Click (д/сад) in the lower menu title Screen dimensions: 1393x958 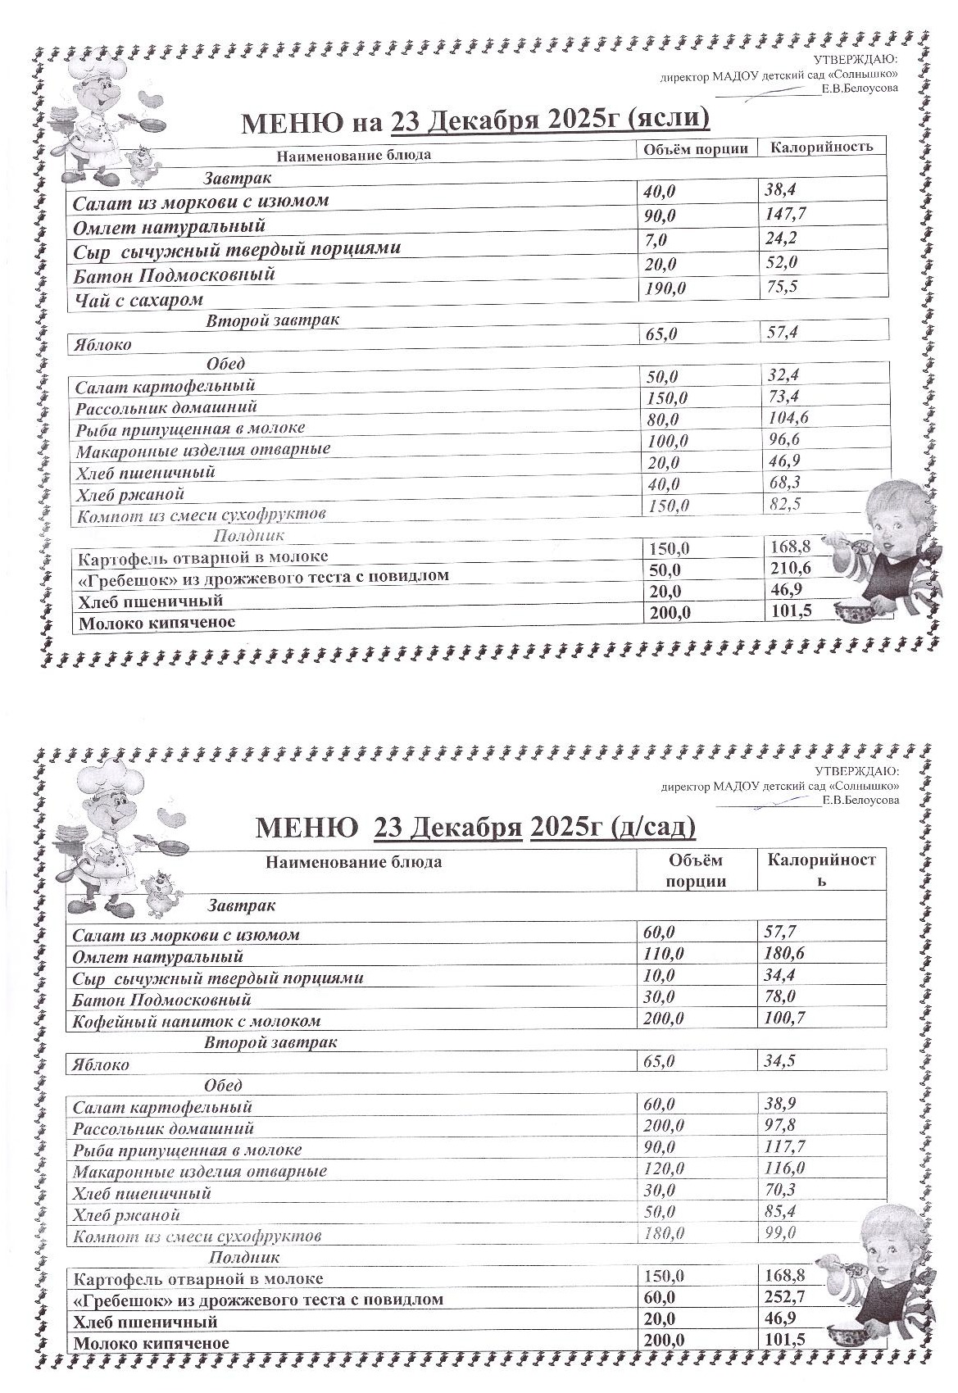coord(653,828)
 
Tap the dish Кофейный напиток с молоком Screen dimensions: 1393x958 coord(197,1022)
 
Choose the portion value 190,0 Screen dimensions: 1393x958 coord(666,288)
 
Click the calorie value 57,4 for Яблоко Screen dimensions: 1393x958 coord(781,332)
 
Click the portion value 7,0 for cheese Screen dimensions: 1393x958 coord(656,241)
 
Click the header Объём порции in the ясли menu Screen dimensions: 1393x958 coord(696,148)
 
